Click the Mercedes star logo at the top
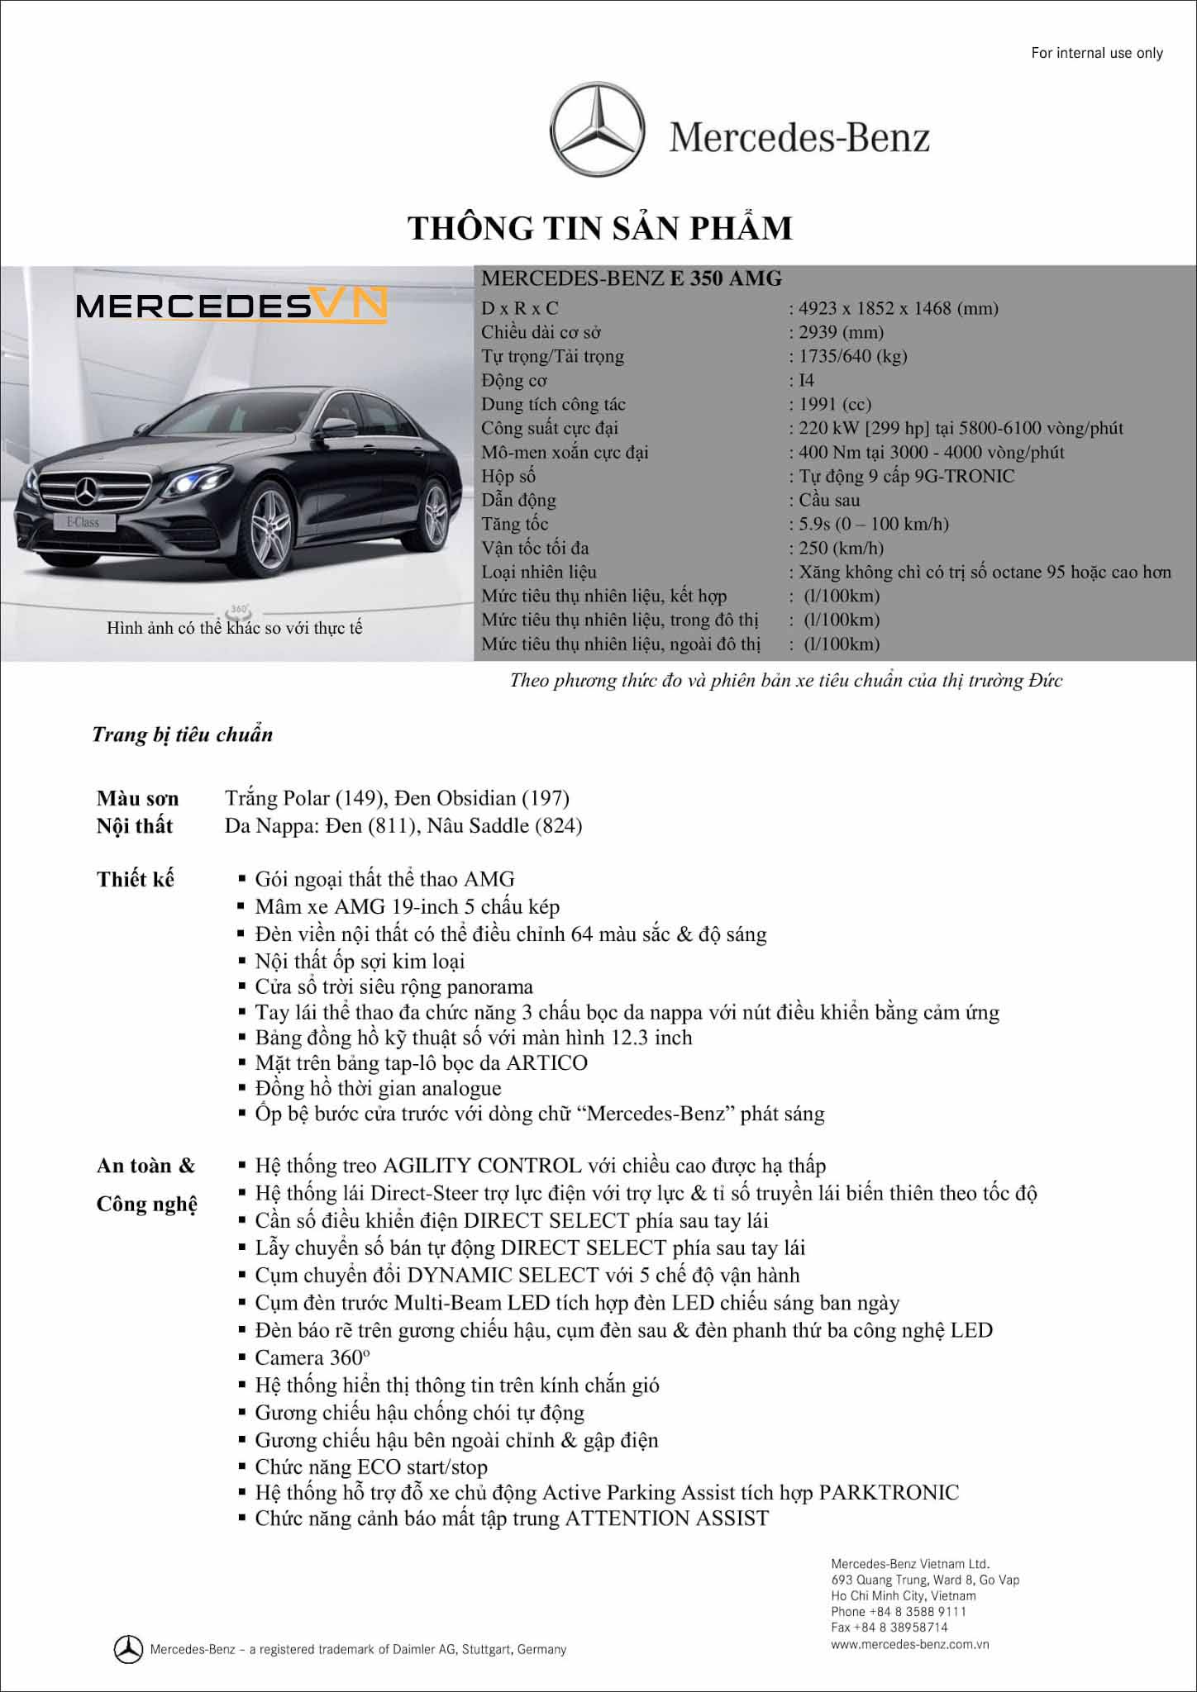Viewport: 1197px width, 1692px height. coord(597,130)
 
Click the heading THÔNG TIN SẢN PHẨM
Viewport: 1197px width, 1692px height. coord(600,229)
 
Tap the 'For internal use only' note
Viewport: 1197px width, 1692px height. coord(1096,53)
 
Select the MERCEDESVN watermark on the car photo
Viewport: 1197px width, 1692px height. coord(231,306)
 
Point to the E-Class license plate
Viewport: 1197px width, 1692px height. coord(83,522)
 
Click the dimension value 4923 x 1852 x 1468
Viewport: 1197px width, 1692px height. coord(898,309)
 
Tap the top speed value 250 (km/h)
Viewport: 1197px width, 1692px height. coord(841,549)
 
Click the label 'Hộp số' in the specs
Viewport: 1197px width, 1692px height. coord(508,477)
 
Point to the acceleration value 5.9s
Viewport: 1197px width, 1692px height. coord(815,525)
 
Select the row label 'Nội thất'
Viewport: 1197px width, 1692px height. coord(135,826)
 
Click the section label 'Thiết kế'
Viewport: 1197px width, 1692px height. coord(136,879)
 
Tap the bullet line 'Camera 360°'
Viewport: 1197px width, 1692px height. coord(312,1357)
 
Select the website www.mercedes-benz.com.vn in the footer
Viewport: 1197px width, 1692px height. coord(909,1644)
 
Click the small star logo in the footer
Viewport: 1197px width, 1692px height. coord(128,1649)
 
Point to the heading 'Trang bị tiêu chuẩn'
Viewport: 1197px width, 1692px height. coord(183,735)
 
